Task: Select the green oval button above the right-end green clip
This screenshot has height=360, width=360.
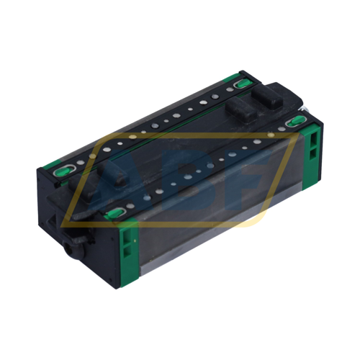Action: pyautogui.click(x=295, y=123)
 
